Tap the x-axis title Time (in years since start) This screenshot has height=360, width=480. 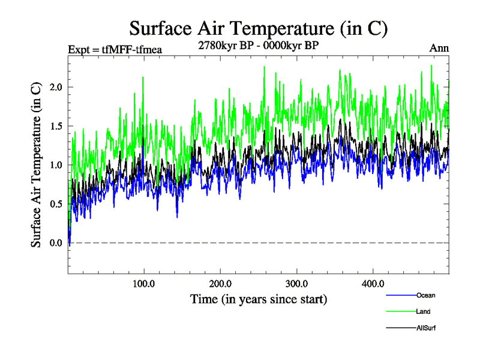point(259,298)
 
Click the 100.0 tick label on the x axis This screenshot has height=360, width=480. point(144,283)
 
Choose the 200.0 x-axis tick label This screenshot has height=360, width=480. point(221,283)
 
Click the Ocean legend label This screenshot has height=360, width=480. point(425,295)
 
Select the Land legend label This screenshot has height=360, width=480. point(423,312)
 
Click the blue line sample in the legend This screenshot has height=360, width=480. point(401,295)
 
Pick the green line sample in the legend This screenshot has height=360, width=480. point(401,312)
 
